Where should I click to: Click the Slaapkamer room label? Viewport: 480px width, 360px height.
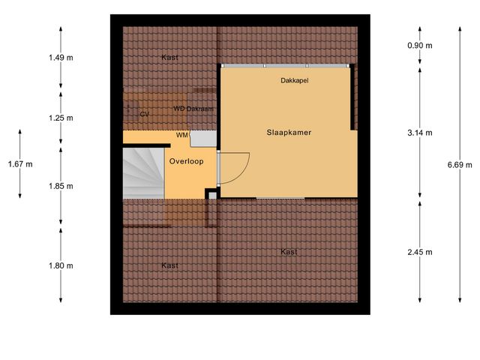(x=289, y=133)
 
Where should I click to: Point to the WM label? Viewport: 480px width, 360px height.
(x=182, y=135)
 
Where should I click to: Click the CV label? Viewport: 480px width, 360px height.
(x=144, y=114)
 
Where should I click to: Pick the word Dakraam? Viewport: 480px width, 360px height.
(x=200, y=109)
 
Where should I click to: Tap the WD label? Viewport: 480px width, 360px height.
(x=178, y=109)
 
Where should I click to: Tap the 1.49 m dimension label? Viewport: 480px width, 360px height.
(x=60, y=57)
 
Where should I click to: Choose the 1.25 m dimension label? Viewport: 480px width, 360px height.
(x=60, y=118)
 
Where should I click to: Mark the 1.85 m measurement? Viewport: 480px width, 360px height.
(x=60, y=186)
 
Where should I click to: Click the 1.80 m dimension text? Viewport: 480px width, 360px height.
(x=60, y=265)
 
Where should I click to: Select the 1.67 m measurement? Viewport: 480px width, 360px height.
(x=20, y=164)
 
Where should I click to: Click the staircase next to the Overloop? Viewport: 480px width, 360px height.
(x=142, y=172)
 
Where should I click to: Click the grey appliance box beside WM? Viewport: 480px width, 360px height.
(x=203, y=139)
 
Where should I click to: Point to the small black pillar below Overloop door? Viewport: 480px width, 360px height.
(x=211, y=194)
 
